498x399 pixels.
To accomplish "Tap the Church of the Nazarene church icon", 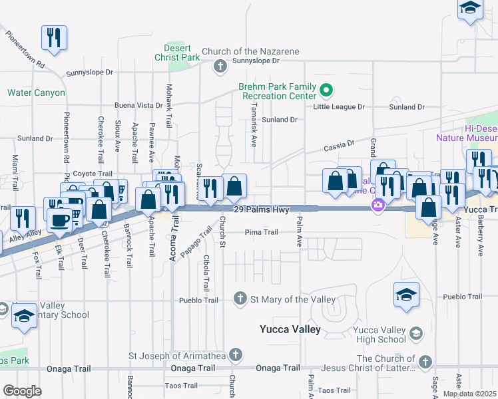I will (220, 66).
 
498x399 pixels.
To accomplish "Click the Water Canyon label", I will (36, 93).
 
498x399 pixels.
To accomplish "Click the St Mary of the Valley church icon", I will (240, 299).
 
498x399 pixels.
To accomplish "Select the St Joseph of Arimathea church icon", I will (234, 354).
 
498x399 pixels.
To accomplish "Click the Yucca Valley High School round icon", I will (416, 332).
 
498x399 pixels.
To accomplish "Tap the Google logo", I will (22, 391).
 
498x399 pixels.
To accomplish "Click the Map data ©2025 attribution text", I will (470, 394).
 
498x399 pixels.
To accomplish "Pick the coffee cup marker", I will (59, 220).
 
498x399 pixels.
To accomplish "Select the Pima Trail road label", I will (261, 232).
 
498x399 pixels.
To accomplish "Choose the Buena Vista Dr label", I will (138, 105).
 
